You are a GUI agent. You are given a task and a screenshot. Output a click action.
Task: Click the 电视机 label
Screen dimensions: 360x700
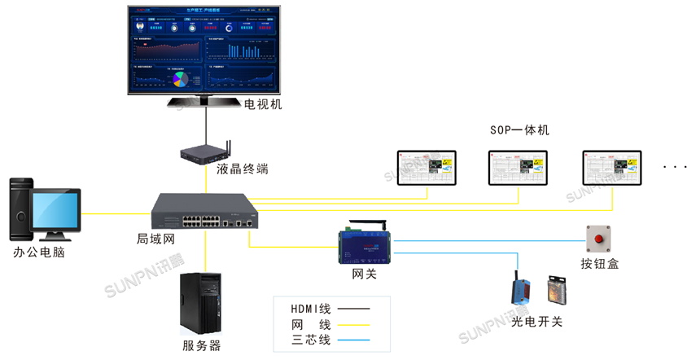263,104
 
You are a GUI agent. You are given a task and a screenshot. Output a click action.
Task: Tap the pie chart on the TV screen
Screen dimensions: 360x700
179,78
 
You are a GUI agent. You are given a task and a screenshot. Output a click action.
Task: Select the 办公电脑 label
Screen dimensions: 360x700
38,253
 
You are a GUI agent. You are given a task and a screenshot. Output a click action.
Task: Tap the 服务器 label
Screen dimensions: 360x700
202,345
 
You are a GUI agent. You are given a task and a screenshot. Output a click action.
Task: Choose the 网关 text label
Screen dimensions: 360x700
364,274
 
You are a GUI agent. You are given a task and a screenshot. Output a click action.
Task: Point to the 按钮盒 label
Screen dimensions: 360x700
599,265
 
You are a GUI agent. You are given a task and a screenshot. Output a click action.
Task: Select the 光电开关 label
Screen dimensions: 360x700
536,322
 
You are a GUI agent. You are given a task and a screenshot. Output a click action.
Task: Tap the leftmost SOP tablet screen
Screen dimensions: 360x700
426,168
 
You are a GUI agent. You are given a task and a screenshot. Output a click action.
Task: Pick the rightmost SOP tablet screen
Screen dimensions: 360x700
611,168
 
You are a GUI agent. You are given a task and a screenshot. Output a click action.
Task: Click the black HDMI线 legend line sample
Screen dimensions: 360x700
353,309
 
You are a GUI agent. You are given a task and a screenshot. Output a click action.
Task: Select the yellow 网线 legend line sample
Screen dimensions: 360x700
353,324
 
